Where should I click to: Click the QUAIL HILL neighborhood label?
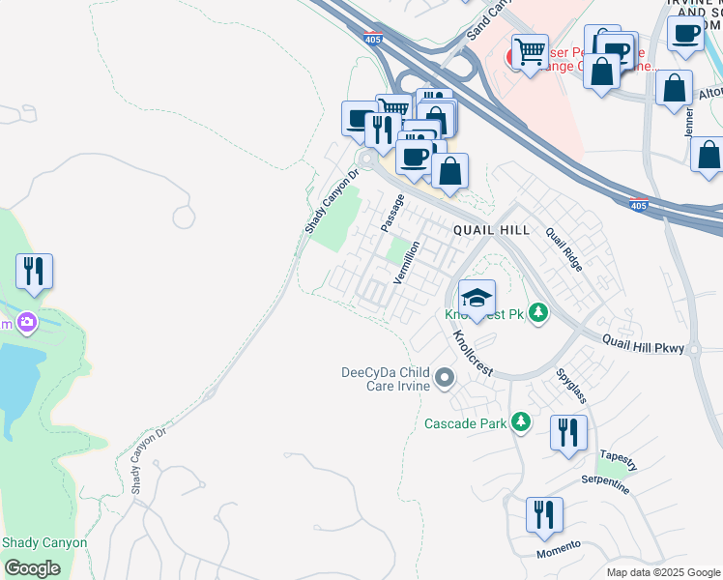point(492,230)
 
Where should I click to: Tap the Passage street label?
point(391,213)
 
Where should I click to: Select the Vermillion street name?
point(406,262)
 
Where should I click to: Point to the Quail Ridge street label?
point(564,249)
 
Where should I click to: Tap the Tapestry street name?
point(619,459)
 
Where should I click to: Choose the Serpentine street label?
point(605,483)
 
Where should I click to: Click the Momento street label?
point(559,548)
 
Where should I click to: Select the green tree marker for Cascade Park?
point(521,421)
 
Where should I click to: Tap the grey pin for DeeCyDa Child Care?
point(444,376)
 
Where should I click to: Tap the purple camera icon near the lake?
point(26,322)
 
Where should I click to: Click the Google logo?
point(32,568)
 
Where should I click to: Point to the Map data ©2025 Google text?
point(662,572)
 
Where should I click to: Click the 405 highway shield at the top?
point(373,40)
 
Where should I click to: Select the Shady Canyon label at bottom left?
point(44,542)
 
